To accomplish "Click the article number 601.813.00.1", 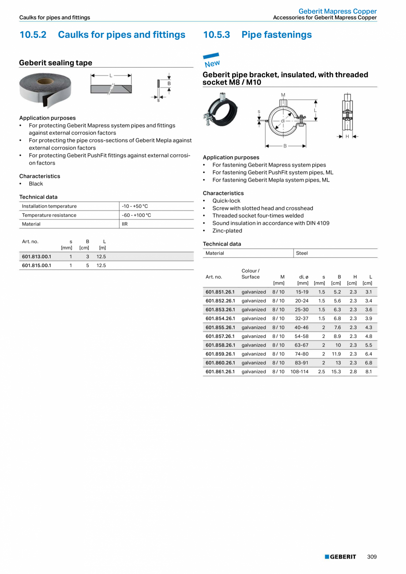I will click(x=37, y=257).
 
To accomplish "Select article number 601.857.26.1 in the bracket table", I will click(x=220, y=336).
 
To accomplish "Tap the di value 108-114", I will click(x=300, y=372).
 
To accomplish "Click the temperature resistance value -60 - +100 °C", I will click(x=136, y=215).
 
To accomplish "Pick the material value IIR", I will click(x=124, y=224).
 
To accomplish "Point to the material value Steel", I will click(x=302, y=253).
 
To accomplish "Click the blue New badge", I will click(x=212, y=61).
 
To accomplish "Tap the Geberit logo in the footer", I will click(x=340, y=557).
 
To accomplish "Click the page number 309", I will click(x=372, y=557).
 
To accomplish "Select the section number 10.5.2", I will click(x=33, y=35).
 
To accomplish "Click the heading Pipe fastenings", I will click(x=276, y=35).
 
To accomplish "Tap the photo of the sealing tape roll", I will click(x=45, y=91).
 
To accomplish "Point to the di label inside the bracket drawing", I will click(x=283, y=121).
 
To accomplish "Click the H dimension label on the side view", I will click(x=347, y=136).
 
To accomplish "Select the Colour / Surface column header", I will click(x=251, y=274).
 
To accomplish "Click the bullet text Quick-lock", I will click(x=226, y=200).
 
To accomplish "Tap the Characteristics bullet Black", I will click(x=36, y=184).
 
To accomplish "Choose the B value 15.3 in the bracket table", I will click(x=336, y=372).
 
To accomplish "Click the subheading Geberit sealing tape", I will click(x=56, y=63).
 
